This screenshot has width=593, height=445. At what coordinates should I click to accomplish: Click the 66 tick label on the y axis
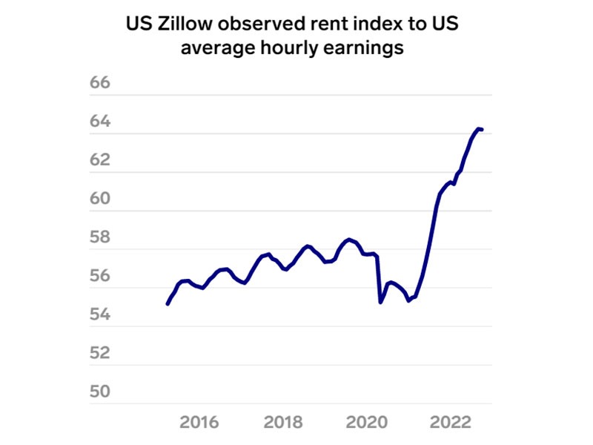pyautogui.click(x=99, y=82)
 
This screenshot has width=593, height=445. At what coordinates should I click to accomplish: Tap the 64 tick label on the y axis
pyautogui.click(x=99, y=121)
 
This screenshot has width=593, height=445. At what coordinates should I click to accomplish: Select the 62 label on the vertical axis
pyautogui.click(x=99, y=159)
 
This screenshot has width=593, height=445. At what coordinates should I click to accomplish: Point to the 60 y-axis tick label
pyautogui.click(x=99, y=198)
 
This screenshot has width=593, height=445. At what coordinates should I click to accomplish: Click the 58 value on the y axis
pyautogui.click(x=99, y=237)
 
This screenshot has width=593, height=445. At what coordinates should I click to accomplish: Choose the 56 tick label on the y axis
pyautogui.click(x=99, y=276)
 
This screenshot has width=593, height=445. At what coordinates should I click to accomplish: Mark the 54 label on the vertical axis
pyautogui.click(x=99, y=314)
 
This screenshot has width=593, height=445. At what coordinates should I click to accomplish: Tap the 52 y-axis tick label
pyautogui.click(x=99, y=352)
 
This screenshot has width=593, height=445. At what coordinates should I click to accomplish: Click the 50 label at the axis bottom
pyautogui.click(x=99, y=391)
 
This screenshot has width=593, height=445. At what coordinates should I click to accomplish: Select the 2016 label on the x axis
pyautogui.click(x=199, y=422)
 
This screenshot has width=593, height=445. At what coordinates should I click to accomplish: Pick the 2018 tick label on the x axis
pyautogui.click(x=283, y=422)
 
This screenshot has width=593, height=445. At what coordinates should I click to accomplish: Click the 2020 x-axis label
pyautogui.click(x=368, y=422)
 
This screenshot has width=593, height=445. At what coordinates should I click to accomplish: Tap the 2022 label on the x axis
pyautogui.click(x=451, y=422)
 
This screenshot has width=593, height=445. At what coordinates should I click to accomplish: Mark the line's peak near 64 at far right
pyautogui.click(x=479, y=128)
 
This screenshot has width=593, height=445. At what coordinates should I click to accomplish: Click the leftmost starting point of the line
pyautogui.click(x=167, y=304)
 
